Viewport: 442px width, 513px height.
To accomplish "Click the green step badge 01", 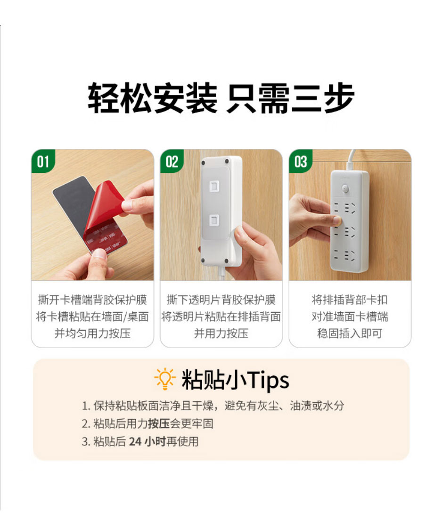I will pyautogui.click(x=43, y=162).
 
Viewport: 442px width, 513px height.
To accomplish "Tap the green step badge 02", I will pyautogui.click(x=172, y=162).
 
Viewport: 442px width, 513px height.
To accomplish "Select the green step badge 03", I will pyautogui.click(x=301, y=162).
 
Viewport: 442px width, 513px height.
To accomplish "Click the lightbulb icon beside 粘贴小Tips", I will pyautogui.click(x=164, y=379).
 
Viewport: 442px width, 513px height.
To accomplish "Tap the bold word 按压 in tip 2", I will pyautogui.click(x=159, y=423).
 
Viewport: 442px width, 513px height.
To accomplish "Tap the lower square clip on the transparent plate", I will pyautogui.click(x=213, y=220).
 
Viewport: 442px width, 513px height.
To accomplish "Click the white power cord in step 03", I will pyautogui.click(x=351, y=159).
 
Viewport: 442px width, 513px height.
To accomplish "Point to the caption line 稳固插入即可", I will pyautogui.click(x=350, y=334).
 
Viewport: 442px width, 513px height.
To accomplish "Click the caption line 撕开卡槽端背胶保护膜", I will pyautogui.click(x=92, y=300).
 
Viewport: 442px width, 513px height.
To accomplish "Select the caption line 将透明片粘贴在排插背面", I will pyautogui.click(x=221, y=317).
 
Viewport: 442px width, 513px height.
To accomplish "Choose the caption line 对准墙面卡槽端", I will pyautogui.click(x=350, y=317).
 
